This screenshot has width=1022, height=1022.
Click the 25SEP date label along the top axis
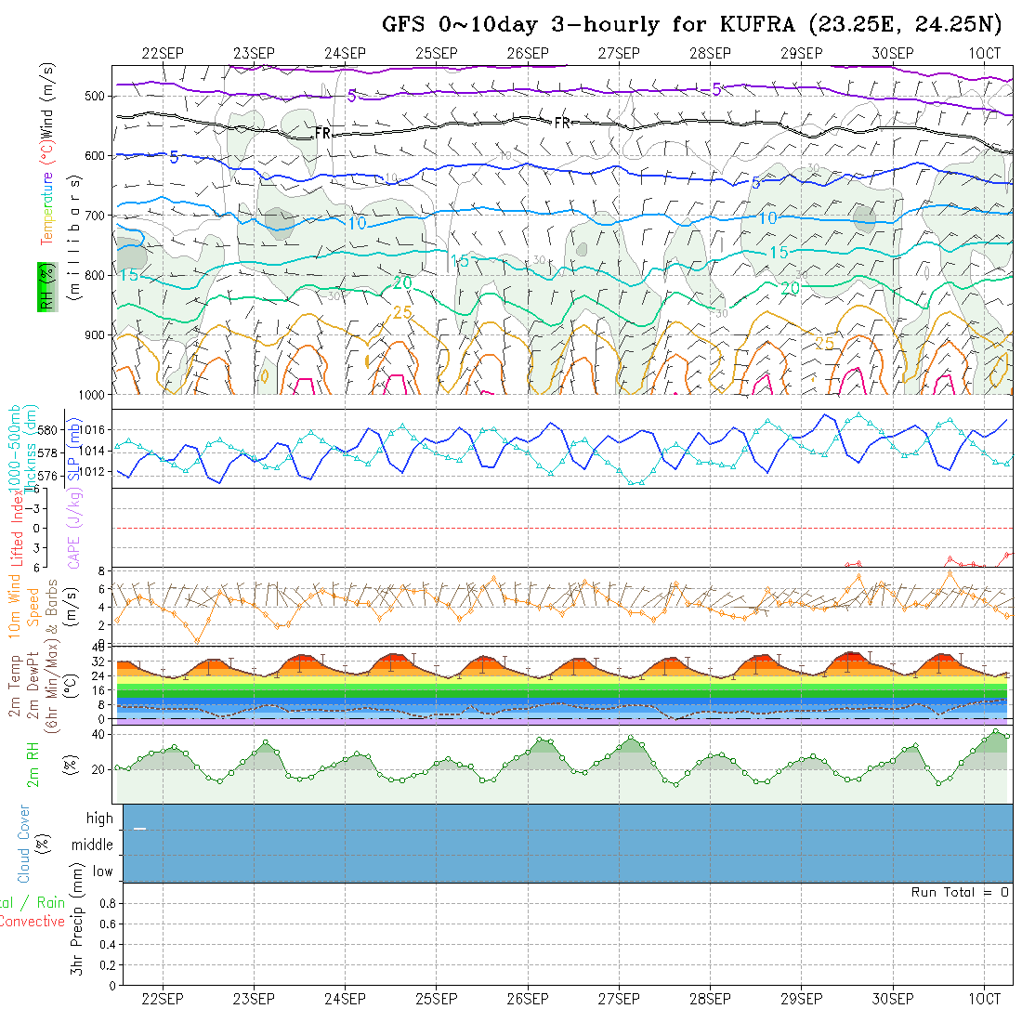point(436,53)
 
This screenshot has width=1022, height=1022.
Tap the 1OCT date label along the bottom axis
point(984,999)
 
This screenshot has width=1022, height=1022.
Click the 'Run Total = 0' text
point(960,892)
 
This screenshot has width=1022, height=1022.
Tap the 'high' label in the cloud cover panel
point(99,819)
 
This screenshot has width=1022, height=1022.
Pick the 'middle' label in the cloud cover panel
point(93,845)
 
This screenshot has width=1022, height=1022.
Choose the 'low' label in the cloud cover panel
point(102,871)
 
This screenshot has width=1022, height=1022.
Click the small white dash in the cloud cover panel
point(140,828)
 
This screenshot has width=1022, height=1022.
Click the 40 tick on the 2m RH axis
point(94,734)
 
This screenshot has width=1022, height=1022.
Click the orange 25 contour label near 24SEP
point(401,312)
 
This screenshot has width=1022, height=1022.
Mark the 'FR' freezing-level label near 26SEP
point(562,123)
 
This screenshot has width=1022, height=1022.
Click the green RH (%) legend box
point(44,287)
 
